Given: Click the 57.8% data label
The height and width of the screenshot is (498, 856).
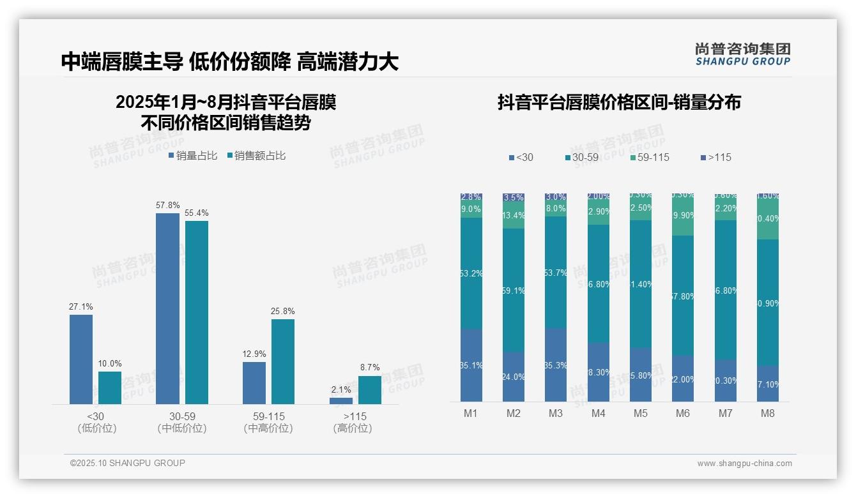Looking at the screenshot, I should click(167, 206).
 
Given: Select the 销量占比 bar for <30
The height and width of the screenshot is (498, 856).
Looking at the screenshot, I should click(81, 359).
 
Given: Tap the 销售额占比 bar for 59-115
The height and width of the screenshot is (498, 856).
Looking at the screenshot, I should click(283, 361).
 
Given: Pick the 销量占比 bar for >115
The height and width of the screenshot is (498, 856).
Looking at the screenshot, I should click(341, 401).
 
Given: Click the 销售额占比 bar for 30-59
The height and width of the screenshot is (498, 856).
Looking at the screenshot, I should click(197, 312).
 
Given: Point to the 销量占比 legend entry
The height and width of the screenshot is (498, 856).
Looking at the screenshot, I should click(193, 156).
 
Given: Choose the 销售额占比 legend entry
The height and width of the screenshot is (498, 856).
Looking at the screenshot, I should click(256, 156).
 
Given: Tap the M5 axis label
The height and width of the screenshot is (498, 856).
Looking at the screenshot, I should click(641, 413).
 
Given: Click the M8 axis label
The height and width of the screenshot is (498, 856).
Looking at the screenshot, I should click(768, 413).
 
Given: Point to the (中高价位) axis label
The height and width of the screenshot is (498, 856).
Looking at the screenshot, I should click(268, 428).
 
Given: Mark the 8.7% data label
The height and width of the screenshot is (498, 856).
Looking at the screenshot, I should click(370, 367).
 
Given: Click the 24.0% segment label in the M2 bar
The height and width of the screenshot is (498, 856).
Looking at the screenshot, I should click(514, 377).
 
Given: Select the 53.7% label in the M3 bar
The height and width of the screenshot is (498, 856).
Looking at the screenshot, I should click(556, 273).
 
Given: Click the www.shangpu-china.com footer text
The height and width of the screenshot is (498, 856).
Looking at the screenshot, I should click(744, 464).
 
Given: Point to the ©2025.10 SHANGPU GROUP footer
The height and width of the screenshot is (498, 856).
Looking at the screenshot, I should click(128, 463).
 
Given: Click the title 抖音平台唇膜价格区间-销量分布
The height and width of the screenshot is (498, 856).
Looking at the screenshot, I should click(619, 102).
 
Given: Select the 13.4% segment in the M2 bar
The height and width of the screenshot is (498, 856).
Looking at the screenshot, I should click(514, 215).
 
